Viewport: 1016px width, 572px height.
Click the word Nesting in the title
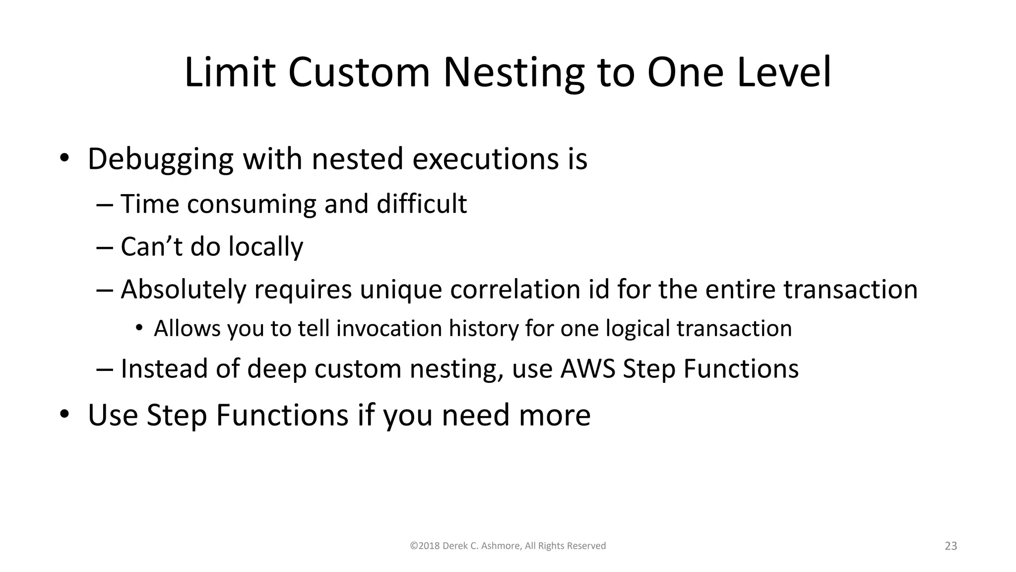[x=513, y=73]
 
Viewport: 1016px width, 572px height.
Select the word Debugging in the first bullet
[x=160, y=160]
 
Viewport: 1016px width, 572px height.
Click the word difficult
[x=421, y=204]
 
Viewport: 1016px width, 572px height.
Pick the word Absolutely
[x=183, y=289]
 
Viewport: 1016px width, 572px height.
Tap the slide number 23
[x=950, y=546]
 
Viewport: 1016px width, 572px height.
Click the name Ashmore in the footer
[x=501, y=546]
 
